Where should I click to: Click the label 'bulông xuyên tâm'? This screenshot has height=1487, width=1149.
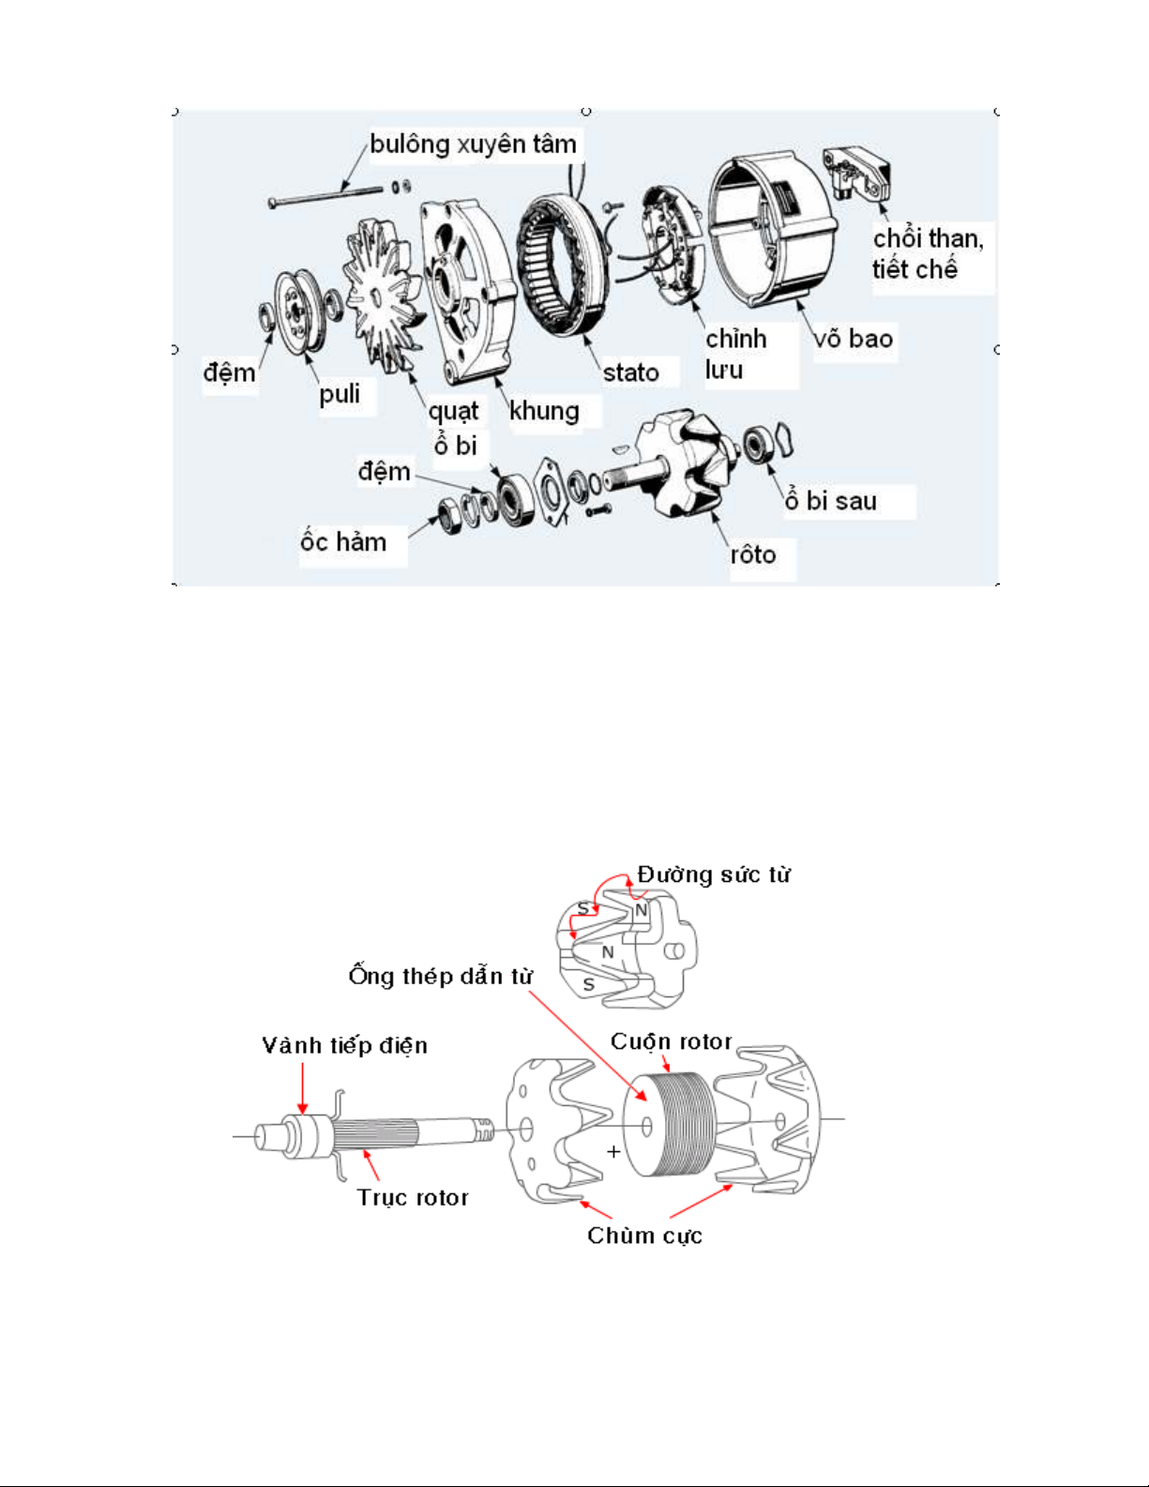[x=473, y=145]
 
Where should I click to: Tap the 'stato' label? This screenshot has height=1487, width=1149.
[x=630, y=373]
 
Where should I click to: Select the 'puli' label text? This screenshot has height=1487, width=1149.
[x=340, y=395]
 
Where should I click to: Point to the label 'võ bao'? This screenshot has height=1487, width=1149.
[x=854, y=338]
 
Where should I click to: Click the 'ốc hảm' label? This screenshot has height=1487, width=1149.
[x=343, y=541]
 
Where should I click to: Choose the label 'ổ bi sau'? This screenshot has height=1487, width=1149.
[x=830, y=500]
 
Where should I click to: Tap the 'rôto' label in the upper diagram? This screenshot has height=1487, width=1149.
[x=753, y=554]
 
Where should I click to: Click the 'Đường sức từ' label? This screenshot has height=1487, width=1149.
[x=714, y=873]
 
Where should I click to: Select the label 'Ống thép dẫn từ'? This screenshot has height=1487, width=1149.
[x=441, y=975]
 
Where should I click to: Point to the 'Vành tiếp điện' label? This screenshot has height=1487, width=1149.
[x=345, y=1045]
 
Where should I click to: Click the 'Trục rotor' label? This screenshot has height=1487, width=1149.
[x=413, y=1197]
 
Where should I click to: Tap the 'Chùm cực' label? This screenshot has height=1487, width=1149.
[x=644, y=1236]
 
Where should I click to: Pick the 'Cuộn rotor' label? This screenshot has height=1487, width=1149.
[x=671, y=1041]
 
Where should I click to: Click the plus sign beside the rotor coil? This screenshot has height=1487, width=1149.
[x=613, y=1152]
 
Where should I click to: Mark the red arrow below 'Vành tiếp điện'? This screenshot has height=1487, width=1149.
[x=302, y=1087]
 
